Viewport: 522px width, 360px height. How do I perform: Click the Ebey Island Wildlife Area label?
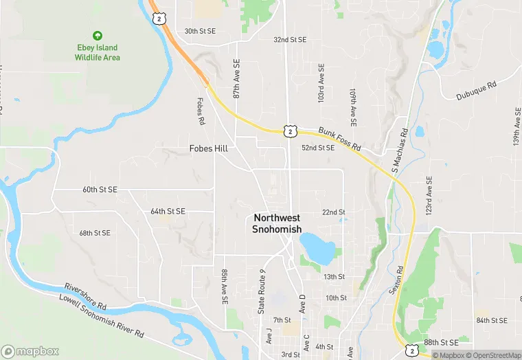coord(98,53)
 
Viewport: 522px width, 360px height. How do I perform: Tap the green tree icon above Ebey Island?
coord(98,36)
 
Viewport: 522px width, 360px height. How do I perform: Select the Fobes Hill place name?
coord(209,148)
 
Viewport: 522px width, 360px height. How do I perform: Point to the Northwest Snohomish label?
coord(277,223)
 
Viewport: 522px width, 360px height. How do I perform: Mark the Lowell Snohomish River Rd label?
coord(101,316)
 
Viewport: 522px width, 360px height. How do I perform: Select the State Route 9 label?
coord(262,291)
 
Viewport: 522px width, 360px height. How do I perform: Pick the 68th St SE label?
coord(95,233)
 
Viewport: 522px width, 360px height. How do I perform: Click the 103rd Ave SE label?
coord(320,85)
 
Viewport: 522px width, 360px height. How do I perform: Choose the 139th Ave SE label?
coord(516,125)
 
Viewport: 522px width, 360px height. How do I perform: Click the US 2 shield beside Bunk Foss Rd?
coord(291,131)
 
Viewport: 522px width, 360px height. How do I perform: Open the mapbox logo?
coord(30,351)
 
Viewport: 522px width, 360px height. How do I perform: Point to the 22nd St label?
coord(334,212)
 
